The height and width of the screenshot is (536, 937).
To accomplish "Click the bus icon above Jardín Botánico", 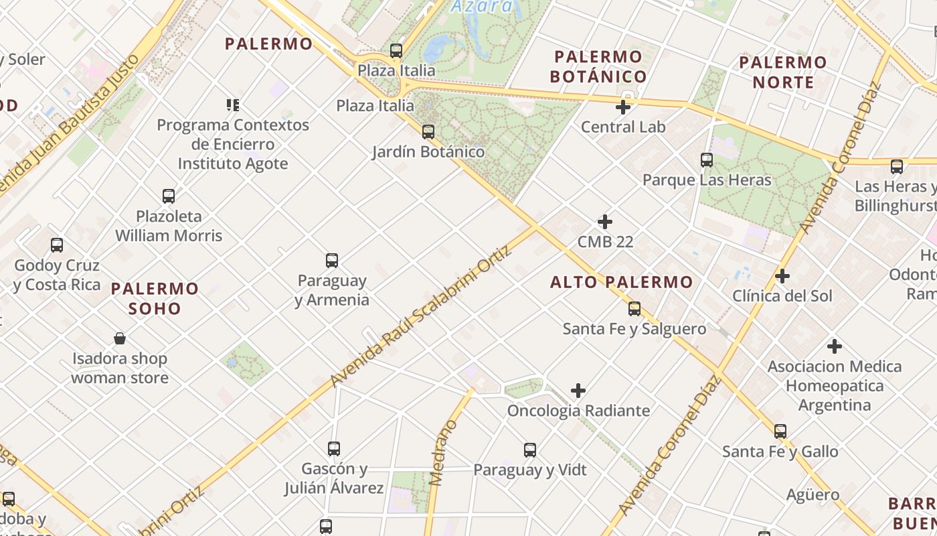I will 428,132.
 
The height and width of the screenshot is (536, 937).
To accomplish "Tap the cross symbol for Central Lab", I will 623,107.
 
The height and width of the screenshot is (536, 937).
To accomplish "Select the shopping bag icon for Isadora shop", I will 120,338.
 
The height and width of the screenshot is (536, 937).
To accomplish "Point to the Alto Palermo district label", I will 621,282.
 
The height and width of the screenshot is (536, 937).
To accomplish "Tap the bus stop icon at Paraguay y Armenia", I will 331,261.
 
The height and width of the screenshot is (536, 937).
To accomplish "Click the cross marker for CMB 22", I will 605,222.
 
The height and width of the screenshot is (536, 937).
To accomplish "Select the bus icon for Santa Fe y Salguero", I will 634,309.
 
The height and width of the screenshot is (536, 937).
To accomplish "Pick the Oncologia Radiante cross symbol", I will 578,391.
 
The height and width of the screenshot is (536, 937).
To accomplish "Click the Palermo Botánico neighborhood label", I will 598,66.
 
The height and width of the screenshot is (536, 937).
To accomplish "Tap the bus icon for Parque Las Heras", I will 707,160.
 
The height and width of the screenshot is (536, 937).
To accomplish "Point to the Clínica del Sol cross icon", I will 782,276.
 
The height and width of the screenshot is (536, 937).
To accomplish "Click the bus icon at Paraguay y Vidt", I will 529,450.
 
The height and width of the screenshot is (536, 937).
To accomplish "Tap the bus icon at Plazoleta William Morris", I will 169,196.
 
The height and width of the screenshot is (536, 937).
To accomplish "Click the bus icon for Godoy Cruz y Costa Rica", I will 57,245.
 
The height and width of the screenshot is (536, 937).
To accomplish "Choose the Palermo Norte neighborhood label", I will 782,72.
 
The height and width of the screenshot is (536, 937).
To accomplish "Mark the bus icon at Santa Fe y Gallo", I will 780,431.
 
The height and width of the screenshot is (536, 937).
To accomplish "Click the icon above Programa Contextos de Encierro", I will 233,105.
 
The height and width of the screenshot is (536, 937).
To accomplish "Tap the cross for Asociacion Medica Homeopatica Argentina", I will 834,346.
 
